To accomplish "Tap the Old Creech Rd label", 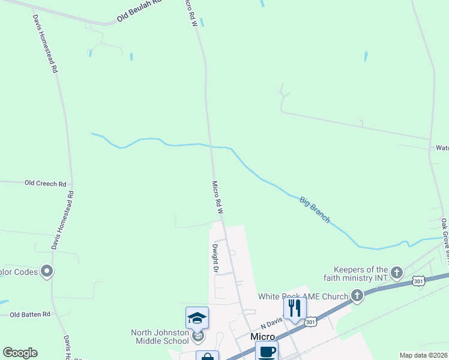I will pos(45,182).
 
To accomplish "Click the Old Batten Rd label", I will pos(30,314).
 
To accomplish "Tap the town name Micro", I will pos(262,337).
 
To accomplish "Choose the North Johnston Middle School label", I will pos(160,337).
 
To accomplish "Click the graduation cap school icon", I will pos(197,318).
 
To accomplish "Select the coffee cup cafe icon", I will pos(267,352).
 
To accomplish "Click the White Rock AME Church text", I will pos(303,296).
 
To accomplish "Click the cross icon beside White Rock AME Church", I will pos(357,295).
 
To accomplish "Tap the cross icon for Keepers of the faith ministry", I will pos(396,273).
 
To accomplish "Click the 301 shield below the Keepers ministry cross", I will pos(419,281).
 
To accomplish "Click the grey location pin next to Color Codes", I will pos(47,272).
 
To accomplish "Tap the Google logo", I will pos(20,353).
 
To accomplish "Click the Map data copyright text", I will pos(423,355).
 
